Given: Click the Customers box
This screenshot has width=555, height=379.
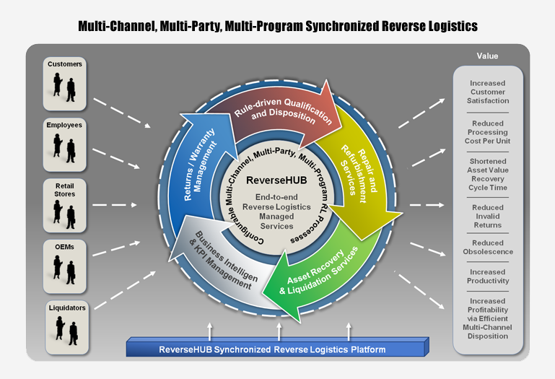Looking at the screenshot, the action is click(65, 84).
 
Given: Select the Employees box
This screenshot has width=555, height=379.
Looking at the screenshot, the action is click(65, 144).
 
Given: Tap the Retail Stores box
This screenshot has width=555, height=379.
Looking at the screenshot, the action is click(65, 206).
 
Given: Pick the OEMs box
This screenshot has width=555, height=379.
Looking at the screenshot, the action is click(65, 266).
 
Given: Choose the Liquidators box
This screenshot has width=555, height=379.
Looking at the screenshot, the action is click(67, 327).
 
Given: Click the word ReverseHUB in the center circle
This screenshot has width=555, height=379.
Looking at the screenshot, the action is click(276, 180).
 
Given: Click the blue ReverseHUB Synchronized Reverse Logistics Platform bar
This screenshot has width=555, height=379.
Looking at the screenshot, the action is click(277, 347).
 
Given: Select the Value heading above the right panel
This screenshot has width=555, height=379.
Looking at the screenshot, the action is click(487, 56).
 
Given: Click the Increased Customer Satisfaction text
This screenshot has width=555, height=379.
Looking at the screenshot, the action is click(488, 92).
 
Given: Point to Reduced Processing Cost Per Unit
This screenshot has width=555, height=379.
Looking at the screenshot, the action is click(488, 132).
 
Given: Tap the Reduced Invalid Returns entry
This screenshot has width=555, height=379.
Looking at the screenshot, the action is click(488, 216).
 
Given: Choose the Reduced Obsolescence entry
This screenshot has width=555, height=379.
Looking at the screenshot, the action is click(488, 247).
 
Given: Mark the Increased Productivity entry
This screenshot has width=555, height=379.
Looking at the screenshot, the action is click(488, 276).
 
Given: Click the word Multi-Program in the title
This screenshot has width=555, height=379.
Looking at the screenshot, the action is click(263, 26).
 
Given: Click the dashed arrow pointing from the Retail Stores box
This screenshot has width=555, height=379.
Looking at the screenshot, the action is click(115, 205).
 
